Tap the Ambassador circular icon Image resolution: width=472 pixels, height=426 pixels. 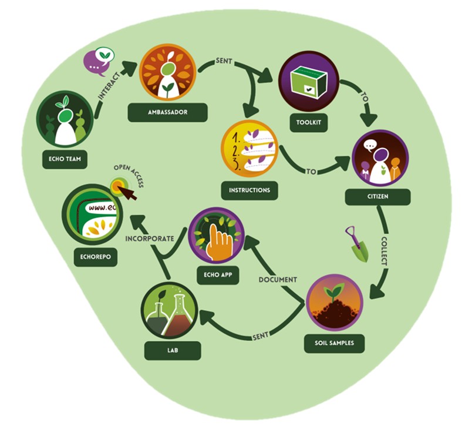(167, 73)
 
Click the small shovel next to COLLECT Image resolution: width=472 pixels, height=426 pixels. (356, 243)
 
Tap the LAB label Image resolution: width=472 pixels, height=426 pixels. (173, 351)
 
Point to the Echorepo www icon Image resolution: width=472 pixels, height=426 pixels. (91, 214)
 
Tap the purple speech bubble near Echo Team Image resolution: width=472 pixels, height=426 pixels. (98, 61)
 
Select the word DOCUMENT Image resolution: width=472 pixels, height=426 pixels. (278, 279)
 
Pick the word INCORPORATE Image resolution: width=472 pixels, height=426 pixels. (150, 239)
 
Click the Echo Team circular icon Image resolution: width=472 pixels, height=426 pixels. (65, 119)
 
